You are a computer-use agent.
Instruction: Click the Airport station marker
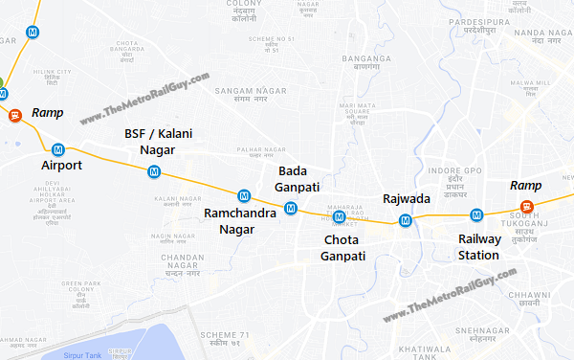tap(58, 149)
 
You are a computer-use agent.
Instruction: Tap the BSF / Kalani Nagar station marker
tap(154, 171)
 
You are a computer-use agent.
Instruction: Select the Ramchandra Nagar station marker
tap(245, 194)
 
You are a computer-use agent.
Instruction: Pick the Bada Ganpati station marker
tap(290, 208)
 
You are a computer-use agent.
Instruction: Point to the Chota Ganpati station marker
tap(339, 216)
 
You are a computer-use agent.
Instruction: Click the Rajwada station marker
tap(406, 220)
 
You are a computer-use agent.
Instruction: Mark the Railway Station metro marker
tap(484, 214)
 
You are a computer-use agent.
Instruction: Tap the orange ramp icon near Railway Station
tap(525, 207)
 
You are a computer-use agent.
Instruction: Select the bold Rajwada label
tap(406, 199)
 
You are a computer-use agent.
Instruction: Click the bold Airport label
tap(61, 166)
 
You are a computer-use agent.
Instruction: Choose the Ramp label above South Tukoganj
tap(525, 185)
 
